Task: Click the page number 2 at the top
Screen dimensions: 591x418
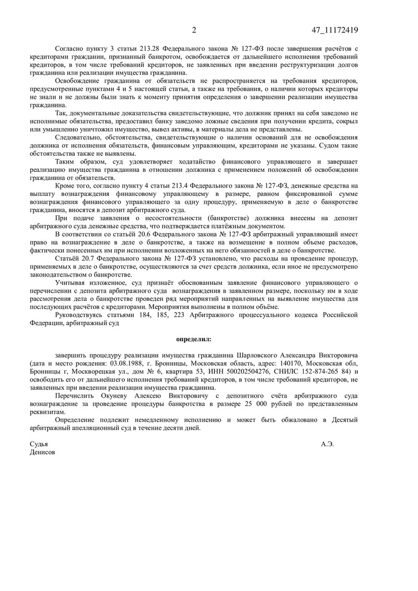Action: tap(194, 30)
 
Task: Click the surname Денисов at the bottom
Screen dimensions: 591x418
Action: tap(42, 452)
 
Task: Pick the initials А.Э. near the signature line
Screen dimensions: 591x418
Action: tap(328, 444)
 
